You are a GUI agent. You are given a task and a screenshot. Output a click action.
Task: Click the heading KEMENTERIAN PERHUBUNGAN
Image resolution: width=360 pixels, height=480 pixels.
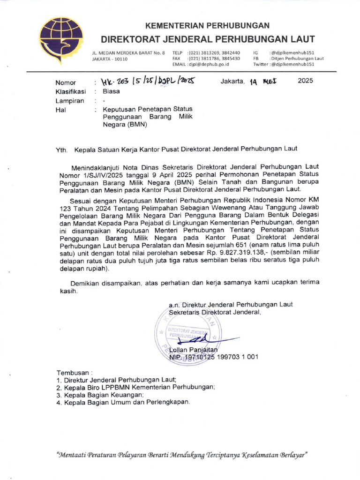[x=207, y=25]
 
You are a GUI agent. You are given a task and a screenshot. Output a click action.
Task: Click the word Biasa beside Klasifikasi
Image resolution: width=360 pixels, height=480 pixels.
[x=112, y=91]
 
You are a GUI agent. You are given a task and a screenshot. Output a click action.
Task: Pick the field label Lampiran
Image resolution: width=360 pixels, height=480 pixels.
[x=70, y=101]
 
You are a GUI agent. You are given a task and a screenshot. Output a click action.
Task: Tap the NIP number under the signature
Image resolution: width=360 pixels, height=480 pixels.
[x=213, y=357]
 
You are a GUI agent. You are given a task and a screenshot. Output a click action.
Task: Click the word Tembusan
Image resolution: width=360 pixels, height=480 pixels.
[x=71, y=372]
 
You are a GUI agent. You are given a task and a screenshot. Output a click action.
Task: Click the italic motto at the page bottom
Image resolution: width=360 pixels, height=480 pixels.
[x=181, y=455]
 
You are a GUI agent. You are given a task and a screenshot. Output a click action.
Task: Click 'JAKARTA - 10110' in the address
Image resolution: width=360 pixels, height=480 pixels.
[x=110, y=59]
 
